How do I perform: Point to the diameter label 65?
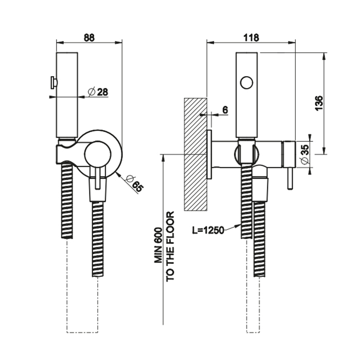136,184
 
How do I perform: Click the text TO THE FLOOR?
170,246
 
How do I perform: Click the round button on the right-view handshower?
247,82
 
